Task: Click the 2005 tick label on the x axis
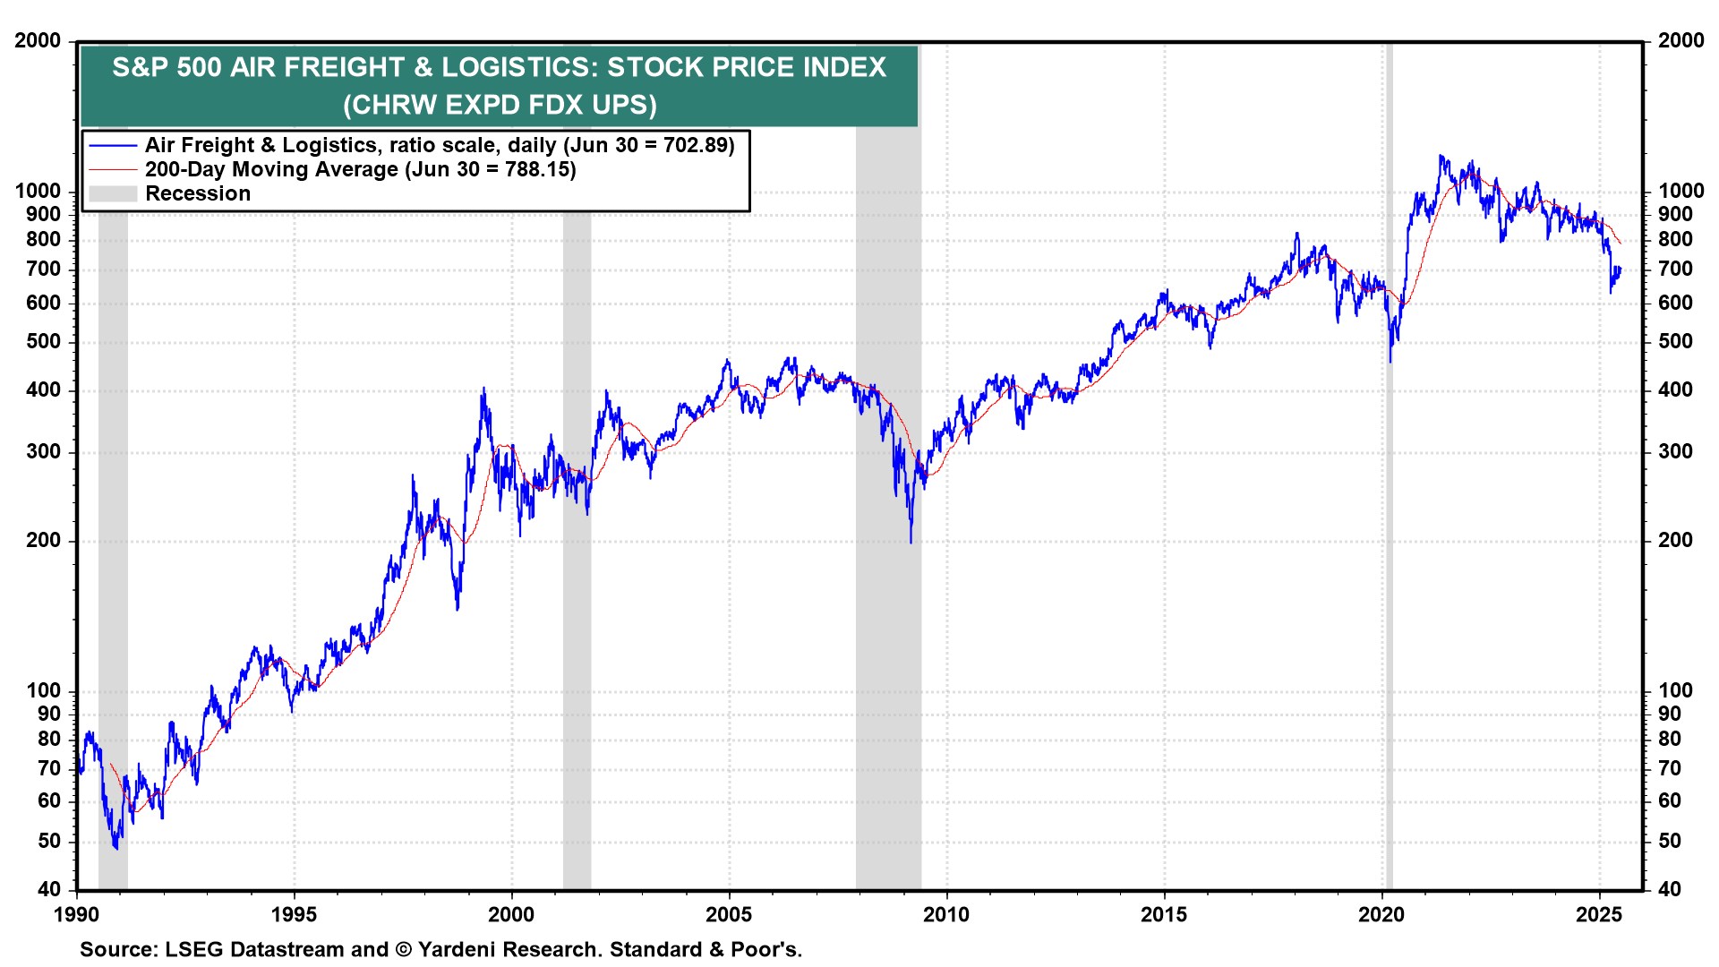(729, 914)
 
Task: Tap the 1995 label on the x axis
(294, 914)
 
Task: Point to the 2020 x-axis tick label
(1381, 914)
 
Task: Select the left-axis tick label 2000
(38, 40)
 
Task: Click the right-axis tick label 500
(1675, 341)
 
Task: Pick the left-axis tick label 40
(49, 889)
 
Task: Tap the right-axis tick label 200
(1675, 540)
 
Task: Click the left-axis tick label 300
(44, 451)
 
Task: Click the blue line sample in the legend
(113, 145)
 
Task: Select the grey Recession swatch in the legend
(113, 193)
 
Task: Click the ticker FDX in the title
(556, 105)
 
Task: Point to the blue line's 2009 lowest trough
(911, 542)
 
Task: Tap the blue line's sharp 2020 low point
(1390, 361)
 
